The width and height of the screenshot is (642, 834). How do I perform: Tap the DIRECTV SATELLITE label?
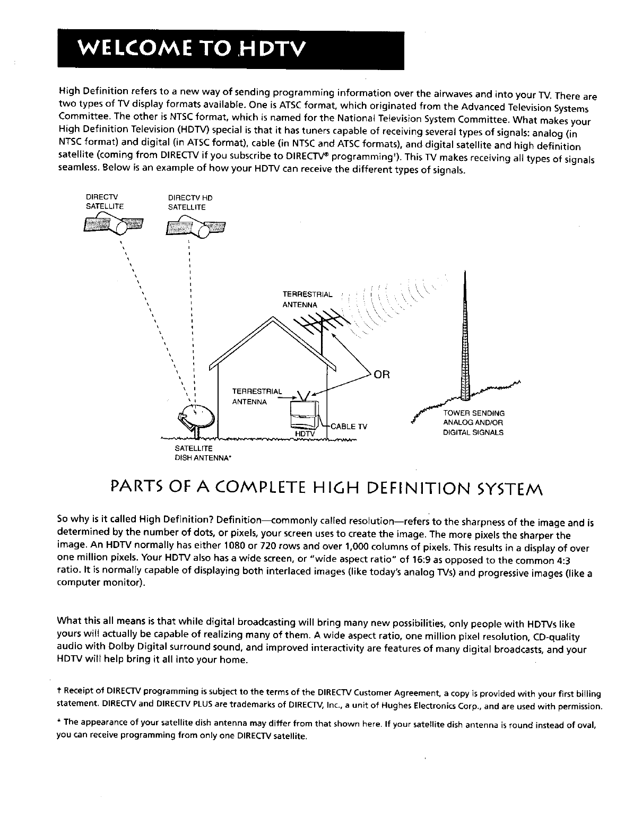(100, 202)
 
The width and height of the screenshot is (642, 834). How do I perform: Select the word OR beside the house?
(382, 375)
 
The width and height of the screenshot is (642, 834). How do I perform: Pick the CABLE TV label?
(349, 426)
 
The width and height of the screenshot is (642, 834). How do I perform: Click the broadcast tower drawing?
(465, 340)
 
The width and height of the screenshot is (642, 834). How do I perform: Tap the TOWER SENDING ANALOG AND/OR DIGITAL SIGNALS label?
(473, 422)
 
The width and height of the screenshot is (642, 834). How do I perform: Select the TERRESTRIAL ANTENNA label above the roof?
(307, 299)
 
